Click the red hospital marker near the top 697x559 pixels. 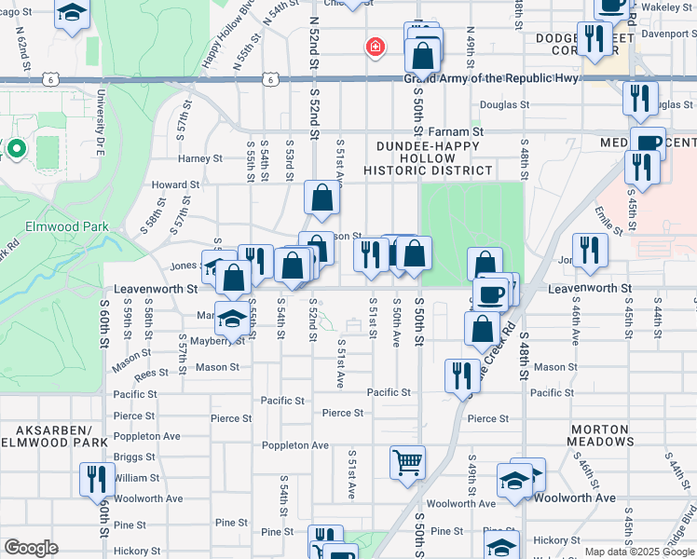(376, 46)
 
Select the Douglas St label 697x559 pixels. (505, 105)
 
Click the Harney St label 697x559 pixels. (199, 159)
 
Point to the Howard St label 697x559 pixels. (176, 185)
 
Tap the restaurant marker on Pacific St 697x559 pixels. (462, 376)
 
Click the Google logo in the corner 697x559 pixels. (31, 549)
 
